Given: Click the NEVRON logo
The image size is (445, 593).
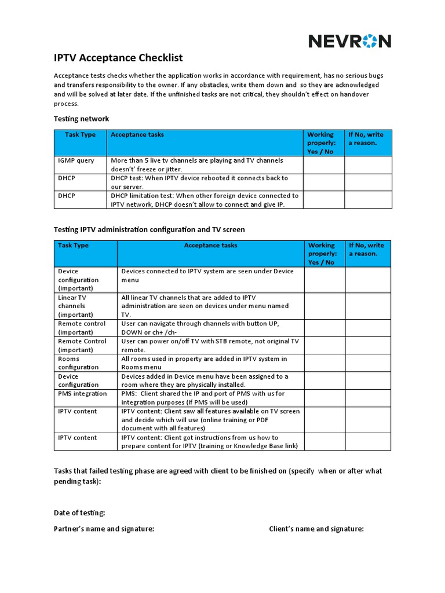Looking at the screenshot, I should click(349, 41).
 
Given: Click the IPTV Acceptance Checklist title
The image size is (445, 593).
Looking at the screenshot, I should click(118, 57).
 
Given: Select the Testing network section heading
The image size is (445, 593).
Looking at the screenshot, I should click(81, 119).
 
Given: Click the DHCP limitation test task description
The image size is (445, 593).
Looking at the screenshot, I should click(205, 200).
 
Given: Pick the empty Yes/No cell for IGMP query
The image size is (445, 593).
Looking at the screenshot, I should click(323, 164).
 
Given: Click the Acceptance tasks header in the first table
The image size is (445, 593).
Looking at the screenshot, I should click(137, 134).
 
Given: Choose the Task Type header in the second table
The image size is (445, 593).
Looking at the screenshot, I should click(74, 246).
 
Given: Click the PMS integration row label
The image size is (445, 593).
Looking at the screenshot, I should click(82, 394).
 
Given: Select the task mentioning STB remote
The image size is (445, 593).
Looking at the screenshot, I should click(210, 345).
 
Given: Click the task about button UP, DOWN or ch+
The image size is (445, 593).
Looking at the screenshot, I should click(203, 328).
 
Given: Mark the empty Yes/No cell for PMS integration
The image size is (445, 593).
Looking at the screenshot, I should click(324, 398).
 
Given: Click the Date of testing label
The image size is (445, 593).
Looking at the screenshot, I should click(79, 513).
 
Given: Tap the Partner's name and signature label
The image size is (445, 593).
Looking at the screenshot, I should click(104, 529).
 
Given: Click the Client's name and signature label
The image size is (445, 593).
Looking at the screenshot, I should click(316, 529).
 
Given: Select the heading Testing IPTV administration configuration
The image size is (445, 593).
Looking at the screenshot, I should click(149, 230).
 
